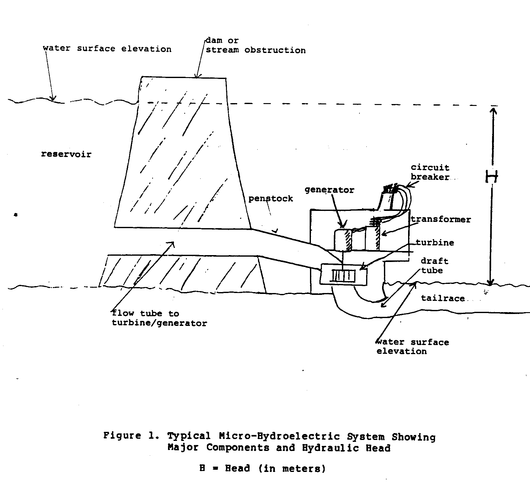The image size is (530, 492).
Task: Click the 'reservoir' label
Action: pos(66,154)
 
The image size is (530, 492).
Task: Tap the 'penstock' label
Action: pos(270,199)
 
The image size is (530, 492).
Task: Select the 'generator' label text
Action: pos(329,190)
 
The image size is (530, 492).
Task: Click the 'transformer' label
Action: pos(441,219)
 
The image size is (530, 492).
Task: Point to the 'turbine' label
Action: pos(435,243)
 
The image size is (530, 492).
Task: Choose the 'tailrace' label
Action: pos(443,298)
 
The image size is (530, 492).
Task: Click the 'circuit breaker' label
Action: pos(430,172)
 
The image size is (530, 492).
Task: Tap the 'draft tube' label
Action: pos(434,266)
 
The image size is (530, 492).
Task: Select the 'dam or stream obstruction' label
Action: pos(255,45)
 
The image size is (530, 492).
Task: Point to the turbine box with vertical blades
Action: pos(344,275)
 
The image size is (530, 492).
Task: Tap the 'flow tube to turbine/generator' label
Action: pos(159,318)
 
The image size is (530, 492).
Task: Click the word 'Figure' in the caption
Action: pos(122,436)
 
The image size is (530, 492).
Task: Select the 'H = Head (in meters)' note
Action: pos(263,468)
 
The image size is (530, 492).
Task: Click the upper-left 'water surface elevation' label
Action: pos(107,49)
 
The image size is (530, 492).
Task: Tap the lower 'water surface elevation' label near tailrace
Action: pos(412,347)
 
